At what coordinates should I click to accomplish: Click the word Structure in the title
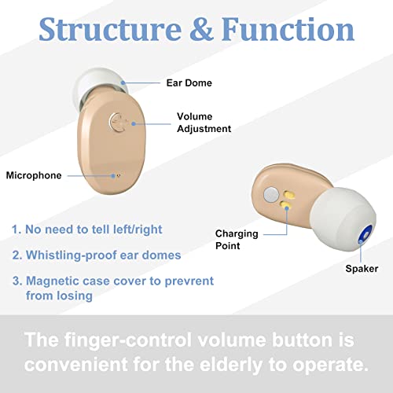click(x=110, y=29)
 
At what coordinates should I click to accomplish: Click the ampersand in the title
click(x=201, y=29)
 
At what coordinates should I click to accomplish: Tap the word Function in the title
click(x=288, y=29)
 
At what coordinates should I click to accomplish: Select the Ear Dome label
click(x=189, y=83)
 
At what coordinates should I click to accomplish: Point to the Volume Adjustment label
click(x=204, y=123)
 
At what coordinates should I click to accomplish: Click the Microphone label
click(x=34, y=175)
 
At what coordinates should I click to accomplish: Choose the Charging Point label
click(x=237, y=240)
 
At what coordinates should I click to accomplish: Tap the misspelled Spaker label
click(x=362, y=269)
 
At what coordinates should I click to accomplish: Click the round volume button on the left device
click(x=118, y=123)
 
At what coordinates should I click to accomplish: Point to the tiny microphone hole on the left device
click(x=118, y=176)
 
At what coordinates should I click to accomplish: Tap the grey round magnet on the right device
click(x=271, y=194)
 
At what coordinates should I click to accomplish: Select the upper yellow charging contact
click(x=289, y=194)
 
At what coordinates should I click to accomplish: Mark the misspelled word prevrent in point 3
click(x=189, y=281)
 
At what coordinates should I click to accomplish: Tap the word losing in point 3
click(x=75, y=296)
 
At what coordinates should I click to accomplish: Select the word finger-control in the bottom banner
click(x=127, y=340)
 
